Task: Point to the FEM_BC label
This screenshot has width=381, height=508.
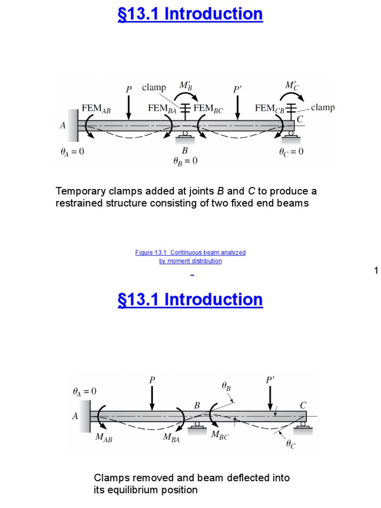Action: tap(210, 108)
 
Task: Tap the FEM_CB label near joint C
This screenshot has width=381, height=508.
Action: tap(270, 108)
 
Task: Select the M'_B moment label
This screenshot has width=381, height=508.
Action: tap(185, 85)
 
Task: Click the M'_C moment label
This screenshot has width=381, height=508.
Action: tap(292, 86)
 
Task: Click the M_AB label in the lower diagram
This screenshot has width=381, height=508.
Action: tap(104, 439)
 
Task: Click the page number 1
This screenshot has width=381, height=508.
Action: tap(376, 270)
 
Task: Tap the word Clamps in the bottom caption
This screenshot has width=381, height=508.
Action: tap(109, 478)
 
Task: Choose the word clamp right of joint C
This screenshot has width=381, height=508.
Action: tap(322, 107)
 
